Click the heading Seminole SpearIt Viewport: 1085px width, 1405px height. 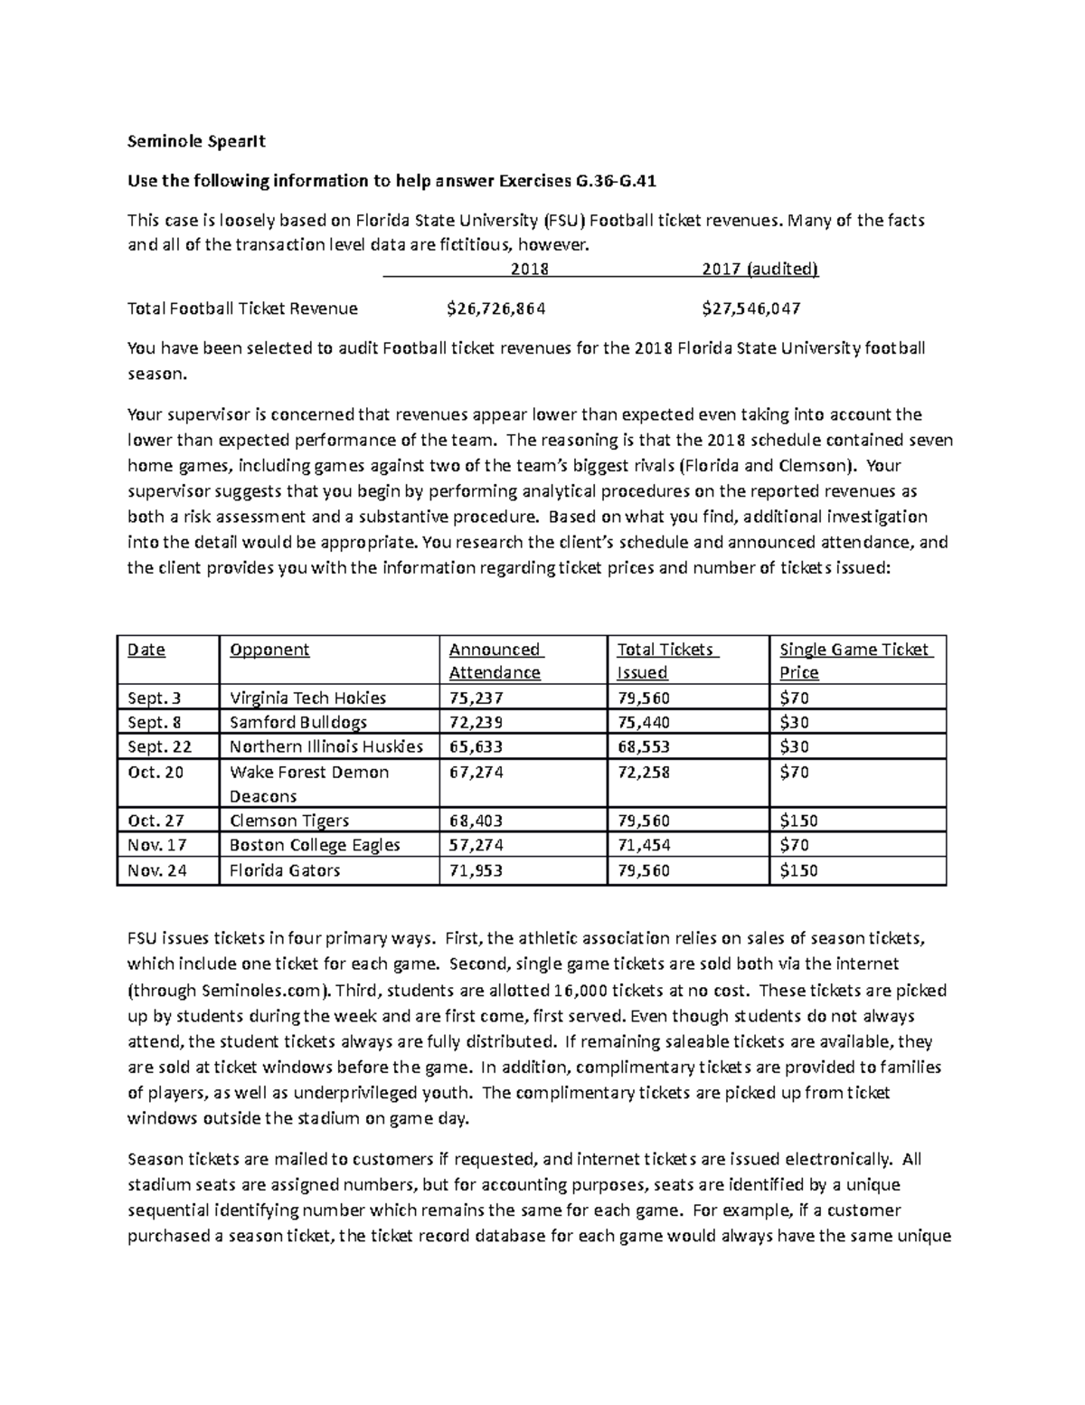coord(197,141)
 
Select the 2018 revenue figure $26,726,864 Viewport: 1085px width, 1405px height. coord(495,309)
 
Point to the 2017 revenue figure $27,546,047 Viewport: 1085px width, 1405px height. coord(750,309)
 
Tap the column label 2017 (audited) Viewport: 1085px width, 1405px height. coord(759,269)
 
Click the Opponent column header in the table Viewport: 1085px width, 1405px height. coord(269,650)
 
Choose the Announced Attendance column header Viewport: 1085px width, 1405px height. coord(495,660)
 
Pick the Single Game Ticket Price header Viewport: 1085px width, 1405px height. coord(854,660)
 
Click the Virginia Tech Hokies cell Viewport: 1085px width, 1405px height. coord(307,698)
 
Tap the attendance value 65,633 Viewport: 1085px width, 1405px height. coord(476,746)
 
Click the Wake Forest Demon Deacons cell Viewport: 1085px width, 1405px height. coord(309,783)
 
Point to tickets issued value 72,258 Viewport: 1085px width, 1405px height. coord(644,772)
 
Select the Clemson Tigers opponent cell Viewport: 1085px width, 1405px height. coord(289,821)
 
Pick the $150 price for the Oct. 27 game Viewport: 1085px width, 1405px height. coord(798,821)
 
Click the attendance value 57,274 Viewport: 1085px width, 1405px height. coord(476,845)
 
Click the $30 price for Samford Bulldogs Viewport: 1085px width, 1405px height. coord(794,722)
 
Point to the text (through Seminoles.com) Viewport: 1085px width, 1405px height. coord(230,991)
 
